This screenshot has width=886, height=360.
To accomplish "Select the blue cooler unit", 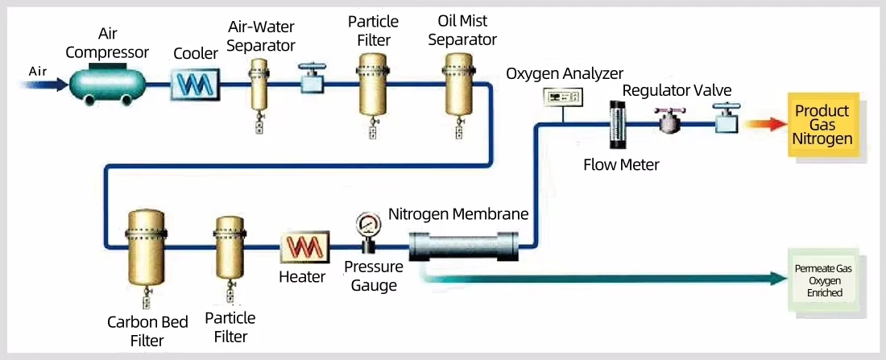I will (194, 82).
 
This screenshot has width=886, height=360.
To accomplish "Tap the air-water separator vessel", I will (259, 85).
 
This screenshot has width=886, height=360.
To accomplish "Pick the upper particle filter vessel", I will (373, 84).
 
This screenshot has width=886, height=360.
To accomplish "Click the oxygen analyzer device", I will (563, 97).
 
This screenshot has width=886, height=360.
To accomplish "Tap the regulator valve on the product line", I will (670, 122).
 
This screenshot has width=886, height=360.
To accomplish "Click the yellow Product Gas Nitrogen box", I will (821, 125).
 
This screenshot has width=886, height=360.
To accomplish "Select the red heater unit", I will (301, 248).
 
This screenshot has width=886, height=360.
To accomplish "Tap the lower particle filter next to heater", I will (229, 247).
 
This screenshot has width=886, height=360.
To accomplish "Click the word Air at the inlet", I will (38, 71).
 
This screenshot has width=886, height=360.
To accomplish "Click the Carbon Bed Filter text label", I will (147, 331).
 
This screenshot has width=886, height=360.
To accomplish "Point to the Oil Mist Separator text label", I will (462, 31).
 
